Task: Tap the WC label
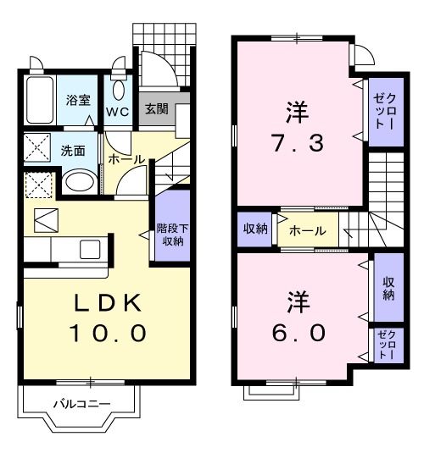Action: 117,111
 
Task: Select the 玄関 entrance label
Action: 155,109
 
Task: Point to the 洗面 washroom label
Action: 73,152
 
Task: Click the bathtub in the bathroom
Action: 39,100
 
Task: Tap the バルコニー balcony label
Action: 81,404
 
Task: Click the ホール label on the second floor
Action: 308,230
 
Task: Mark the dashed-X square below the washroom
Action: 37,185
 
